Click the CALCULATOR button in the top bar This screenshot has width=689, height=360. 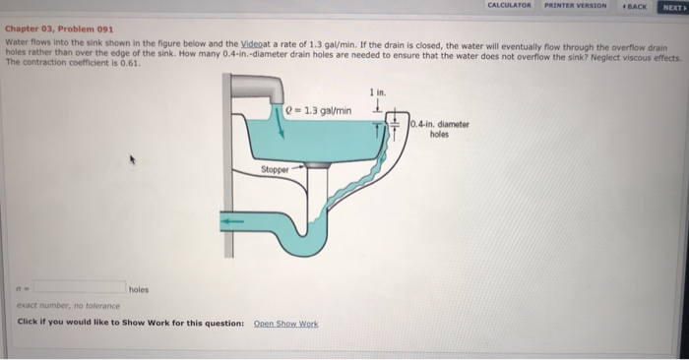click(510, 6)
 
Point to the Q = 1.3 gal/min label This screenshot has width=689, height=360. click(312, 109)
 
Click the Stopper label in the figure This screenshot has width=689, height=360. click(275, 169)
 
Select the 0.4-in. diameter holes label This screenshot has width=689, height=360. click(439, 129)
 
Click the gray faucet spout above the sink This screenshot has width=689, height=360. click(268, 91)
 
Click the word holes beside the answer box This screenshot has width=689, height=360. click(138, 289)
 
